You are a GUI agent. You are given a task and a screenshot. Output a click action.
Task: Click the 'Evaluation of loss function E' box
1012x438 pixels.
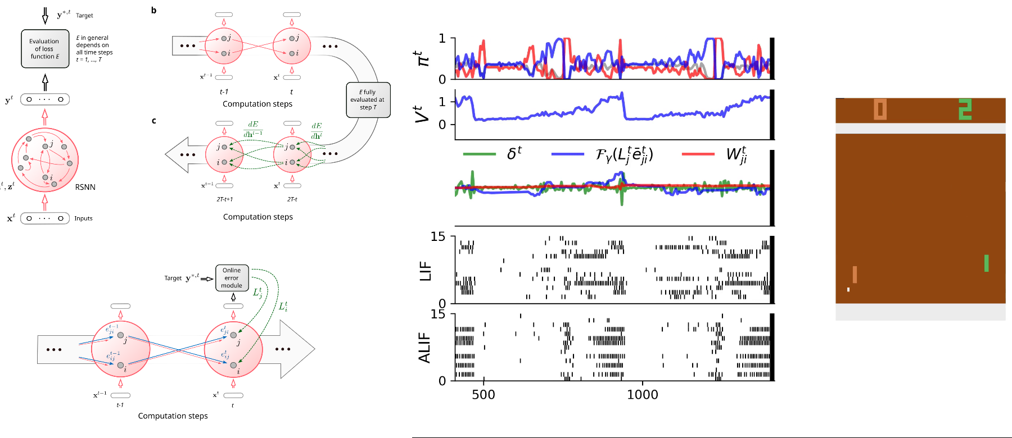(45, 49)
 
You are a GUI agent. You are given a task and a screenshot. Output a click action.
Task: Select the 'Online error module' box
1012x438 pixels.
(232, 278)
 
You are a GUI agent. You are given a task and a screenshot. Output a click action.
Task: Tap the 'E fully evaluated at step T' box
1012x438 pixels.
(368, 100)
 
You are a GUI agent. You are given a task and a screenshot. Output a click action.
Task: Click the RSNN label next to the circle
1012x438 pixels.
(85, 187)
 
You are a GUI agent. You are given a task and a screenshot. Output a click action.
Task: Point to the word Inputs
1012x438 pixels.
(83, 218)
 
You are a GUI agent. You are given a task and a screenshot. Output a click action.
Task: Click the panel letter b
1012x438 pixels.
(153, 11)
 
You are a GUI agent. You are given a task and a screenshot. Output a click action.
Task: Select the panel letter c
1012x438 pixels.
(153, 121)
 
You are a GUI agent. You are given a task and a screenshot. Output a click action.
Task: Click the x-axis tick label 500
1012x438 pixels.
(484, 395)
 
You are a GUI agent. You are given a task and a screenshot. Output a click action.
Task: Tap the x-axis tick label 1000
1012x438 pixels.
(642, 395)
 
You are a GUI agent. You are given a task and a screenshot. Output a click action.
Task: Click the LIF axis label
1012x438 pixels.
(426, 271)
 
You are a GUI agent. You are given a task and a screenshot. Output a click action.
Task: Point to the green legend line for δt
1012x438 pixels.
(479, 154)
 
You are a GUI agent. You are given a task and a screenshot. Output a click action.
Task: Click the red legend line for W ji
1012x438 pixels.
(698, 154)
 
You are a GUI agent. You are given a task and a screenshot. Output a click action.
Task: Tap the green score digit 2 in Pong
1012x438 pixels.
(965, 109)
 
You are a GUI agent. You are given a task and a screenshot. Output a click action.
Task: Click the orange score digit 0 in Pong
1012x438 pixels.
(880, 109)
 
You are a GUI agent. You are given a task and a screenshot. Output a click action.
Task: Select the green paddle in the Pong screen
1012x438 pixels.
(986, 263)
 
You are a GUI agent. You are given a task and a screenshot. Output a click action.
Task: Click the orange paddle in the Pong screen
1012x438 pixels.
(855, 275)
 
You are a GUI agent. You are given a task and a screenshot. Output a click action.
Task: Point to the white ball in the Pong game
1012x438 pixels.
(848, 290)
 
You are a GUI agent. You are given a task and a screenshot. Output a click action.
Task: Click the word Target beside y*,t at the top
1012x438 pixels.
(84, 16)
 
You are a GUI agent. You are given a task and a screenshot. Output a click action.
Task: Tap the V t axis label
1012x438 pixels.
(422, 114)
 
